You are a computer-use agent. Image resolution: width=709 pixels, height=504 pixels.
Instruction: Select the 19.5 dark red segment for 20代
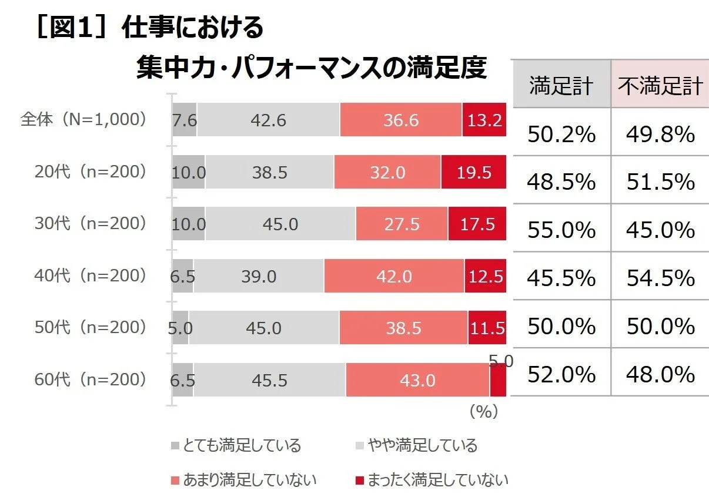tap(473, 172)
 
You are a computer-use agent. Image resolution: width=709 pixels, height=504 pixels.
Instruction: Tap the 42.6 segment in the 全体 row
tap(268, 120)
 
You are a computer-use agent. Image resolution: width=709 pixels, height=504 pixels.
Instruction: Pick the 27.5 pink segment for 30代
tap(402, 224)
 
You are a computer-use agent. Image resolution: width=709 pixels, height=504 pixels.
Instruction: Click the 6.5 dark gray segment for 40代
tap(183, 276)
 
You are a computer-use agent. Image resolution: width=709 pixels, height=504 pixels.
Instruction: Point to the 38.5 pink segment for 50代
tap(403, 328)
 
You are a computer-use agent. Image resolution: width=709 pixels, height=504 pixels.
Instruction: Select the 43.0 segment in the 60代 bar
tap(417, 380)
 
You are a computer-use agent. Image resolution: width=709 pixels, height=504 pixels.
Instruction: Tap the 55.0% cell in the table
tap(561, 230)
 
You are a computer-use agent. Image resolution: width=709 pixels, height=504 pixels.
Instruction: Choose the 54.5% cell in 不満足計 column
tap(660, 278)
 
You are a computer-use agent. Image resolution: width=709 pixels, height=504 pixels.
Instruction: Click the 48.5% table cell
tap(561, 183)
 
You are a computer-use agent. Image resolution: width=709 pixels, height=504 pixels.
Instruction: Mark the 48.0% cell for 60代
tap(660, 374)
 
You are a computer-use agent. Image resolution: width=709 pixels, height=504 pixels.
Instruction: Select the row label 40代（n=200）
tap(90, 275)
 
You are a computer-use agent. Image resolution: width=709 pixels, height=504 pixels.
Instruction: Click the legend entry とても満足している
tap(236, 445)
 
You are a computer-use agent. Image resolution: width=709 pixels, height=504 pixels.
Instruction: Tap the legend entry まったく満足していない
tap(432, 480)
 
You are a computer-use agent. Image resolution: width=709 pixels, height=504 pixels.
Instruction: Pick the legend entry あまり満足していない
tap(244, 480)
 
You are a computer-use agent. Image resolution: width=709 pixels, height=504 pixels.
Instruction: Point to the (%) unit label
tap(484, 412)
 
